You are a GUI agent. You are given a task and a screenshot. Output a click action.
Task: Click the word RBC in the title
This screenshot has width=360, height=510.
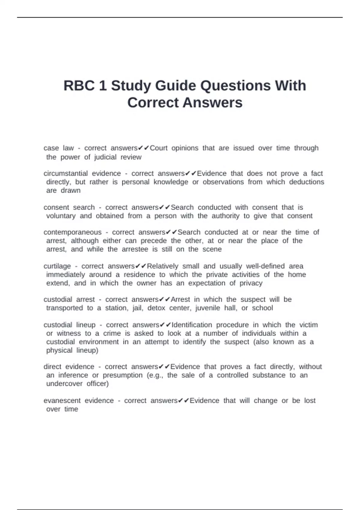[79, 86]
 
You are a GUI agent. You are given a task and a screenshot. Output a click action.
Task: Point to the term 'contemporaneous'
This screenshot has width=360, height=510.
[73, 232]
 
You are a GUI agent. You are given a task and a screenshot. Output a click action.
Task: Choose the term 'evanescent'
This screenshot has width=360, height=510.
[62, 400]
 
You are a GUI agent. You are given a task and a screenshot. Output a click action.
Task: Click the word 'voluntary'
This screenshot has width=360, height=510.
[61, 216]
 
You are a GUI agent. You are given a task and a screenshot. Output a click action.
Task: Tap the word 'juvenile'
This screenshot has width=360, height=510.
[208, 308]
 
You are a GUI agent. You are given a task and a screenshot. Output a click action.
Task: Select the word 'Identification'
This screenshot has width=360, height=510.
[192, 325]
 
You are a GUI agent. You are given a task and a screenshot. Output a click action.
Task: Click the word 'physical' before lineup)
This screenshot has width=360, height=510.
[59, 350]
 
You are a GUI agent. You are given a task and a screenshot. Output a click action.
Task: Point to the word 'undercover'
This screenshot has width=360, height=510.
[64, 384]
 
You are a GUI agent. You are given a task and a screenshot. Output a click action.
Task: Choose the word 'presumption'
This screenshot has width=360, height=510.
[123, 375]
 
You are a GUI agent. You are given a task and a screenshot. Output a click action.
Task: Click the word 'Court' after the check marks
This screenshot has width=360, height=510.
[159, 148]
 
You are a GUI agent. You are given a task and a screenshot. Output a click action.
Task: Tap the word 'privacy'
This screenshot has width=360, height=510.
[251, 283]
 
